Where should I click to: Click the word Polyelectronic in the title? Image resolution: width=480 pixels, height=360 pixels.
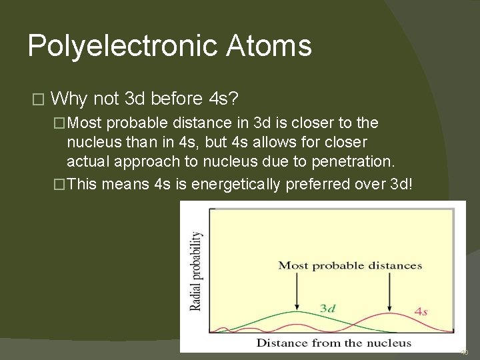point(121,47)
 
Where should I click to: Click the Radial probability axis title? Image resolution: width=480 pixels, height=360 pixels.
point(196,270)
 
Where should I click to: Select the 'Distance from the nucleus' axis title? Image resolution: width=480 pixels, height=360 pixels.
point(333,343)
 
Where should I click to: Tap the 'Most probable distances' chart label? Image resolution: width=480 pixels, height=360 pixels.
point(350,265)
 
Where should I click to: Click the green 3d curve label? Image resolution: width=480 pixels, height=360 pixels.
point(327,308)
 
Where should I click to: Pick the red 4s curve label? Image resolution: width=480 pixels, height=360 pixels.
point(421,311)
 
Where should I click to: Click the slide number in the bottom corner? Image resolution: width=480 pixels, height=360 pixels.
point(465,352)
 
